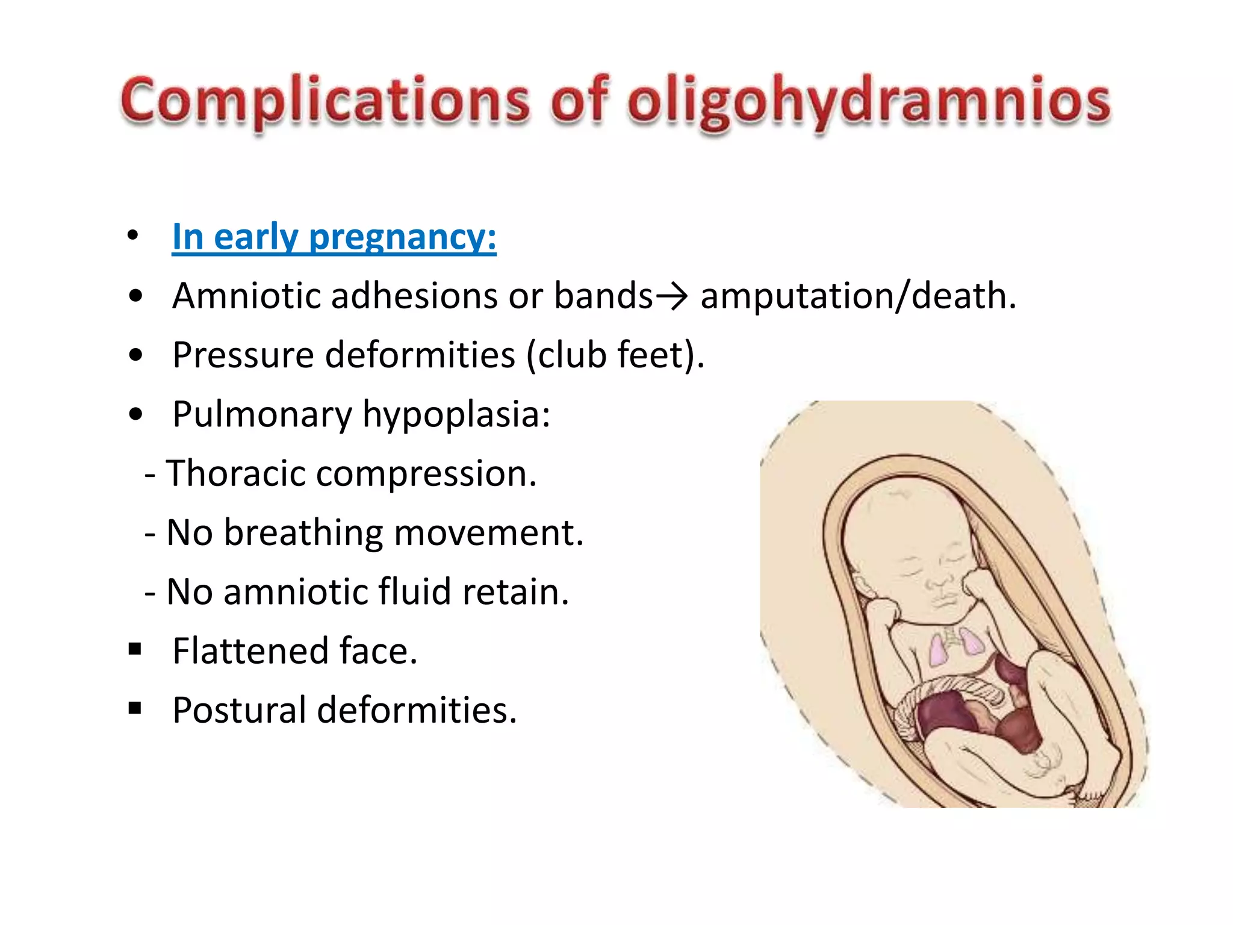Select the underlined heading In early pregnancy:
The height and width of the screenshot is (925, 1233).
(334, 237)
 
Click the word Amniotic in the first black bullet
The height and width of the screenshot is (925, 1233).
(246, 296)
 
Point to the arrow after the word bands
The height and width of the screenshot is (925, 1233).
(671, 296)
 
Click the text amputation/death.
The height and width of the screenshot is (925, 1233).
(858, 296)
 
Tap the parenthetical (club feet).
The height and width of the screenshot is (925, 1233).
(615, 355)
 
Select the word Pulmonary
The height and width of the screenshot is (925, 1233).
(262, 414)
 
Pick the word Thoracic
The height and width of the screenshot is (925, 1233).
(235, 473)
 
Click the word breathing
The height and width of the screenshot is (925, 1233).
(303, 532)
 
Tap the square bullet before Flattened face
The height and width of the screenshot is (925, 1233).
(135, 649)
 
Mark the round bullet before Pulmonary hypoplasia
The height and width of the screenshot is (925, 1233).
(136, 414)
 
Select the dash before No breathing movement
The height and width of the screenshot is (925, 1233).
(151, 534)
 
